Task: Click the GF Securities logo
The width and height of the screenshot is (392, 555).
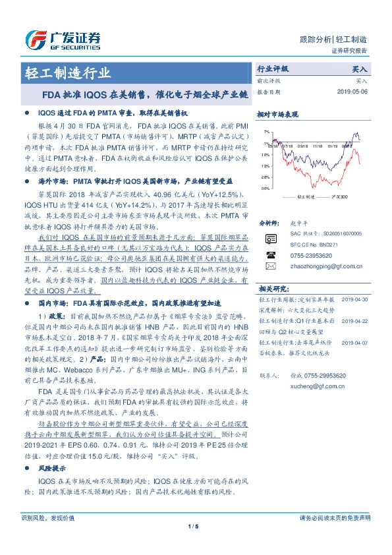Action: tap(63, 39)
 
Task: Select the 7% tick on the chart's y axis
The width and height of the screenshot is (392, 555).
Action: tap(266, 132)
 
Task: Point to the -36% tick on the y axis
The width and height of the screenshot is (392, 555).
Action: tap(264, 188)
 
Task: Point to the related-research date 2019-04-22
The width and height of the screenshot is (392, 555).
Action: tap(354, 320)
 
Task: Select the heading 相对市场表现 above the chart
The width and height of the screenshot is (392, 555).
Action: tap(275, 114)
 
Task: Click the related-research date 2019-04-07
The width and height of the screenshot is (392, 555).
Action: tap(354, 343)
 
